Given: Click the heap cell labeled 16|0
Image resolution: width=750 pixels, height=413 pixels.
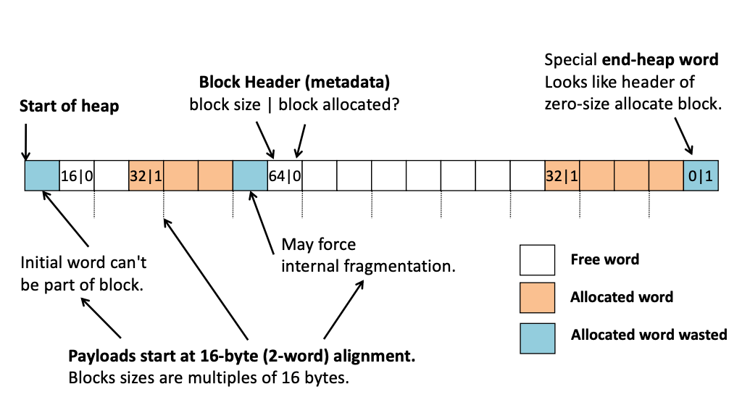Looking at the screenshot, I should tap(77, 176).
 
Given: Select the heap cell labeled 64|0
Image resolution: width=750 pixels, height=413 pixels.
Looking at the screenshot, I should tap(285, 176).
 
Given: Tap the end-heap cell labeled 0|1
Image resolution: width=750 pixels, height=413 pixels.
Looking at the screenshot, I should tap(701, 176).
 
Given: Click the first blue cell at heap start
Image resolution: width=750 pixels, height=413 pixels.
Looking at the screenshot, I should tap(42, 176).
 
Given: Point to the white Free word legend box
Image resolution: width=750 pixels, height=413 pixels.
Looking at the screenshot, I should tap(537, 260).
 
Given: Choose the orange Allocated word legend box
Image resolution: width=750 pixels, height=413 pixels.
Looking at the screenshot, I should tap(537, 298).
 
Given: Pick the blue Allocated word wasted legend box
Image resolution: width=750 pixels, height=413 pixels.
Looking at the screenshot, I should tap(537, 335).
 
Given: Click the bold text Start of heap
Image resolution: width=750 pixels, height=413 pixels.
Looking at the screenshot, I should tap(70, 107).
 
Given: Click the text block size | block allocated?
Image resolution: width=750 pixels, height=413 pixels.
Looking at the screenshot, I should tap(295, 105).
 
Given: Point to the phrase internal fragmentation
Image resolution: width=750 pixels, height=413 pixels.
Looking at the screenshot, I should tap(368, 266).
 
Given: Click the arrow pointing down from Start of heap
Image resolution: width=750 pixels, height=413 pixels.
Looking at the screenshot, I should tap(25, 141).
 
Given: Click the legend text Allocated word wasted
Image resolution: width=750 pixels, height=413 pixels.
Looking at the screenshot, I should tap(649, 335).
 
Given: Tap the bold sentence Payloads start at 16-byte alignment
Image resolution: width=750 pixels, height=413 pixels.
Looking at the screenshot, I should tap(242, 357).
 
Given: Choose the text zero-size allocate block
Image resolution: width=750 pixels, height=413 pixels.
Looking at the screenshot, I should tap(633, 104).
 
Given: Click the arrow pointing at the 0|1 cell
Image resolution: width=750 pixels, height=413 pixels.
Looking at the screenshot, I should tap(683, 136).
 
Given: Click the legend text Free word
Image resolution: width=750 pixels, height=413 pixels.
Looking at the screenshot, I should tap(604, 259).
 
